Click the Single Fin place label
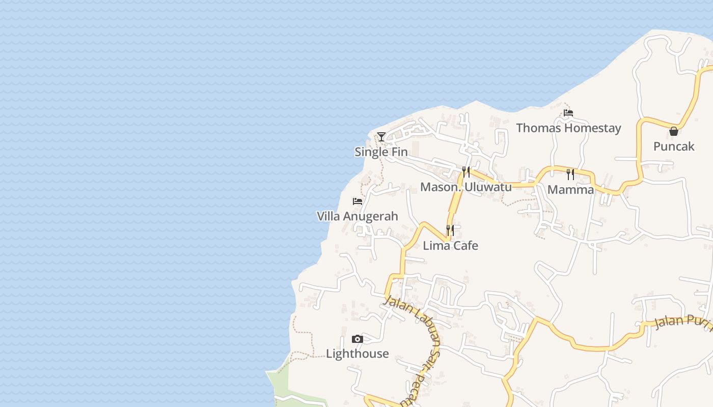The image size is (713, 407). (x=381, y=152)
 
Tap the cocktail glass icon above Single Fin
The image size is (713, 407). (x=381, y=136)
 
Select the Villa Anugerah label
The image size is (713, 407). (x=358, y=216)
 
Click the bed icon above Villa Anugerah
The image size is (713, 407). (x=358, y=201)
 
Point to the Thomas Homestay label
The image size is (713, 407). (x=568, y=128)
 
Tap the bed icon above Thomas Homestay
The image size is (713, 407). (x=568, y=112)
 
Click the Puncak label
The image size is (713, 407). (x=674, y=147)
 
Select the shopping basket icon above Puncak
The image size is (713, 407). (x=674, y=131)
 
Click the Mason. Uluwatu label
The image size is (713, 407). (x=465, y=187)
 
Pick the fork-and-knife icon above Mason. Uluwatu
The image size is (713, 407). (x=465, y=171)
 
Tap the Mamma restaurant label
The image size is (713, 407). (x=570, y=190)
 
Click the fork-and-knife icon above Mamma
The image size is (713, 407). (x=570, y=175)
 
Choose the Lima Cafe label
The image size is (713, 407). (x=450, y=246)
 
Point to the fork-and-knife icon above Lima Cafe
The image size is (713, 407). (x=450, y=230)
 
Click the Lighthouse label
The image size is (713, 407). (x=358, y=354)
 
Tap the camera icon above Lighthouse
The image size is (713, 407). (x=358, y=339)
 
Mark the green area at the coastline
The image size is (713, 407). (x=295, y=389)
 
